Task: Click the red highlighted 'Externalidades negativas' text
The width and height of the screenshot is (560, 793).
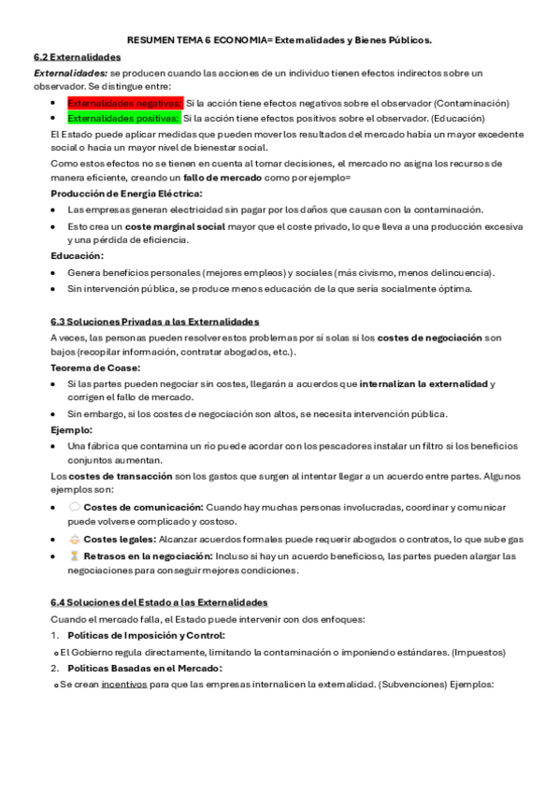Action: pyautogui.click(x=125, y=103)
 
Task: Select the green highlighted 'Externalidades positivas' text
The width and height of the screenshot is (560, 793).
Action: pyautogui.click(x=123, y=119)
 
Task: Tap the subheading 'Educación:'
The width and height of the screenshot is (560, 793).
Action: pyautogui.click(x=77, y=255)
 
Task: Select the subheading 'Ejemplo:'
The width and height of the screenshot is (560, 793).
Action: pyautogui.click(x=71, y=429)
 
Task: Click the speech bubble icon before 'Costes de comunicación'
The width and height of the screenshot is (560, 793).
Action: pyautogui.click(x=74, y=507)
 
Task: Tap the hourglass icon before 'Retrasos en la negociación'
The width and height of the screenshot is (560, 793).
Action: pyautogui.click(x=74, y=555)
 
